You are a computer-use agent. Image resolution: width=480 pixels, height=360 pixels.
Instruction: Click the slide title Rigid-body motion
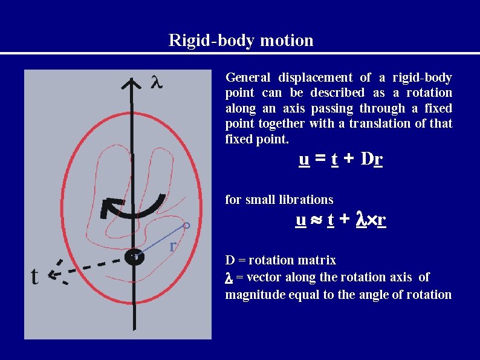[241, 41]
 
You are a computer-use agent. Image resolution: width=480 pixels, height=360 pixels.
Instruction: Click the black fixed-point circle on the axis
[134, 257]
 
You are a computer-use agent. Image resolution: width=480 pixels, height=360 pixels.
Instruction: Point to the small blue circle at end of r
[187, 226]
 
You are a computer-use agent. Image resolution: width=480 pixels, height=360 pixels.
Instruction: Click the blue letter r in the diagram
[173, 246]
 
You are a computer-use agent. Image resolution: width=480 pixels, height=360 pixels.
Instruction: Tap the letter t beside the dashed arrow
[34, 277]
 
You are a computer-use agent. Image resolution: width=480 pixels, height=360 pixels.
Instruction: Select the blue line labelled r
[160, 241]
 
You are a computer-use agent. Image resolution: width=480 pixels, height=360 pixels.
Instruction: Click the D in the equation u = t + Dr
[366, 160]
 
